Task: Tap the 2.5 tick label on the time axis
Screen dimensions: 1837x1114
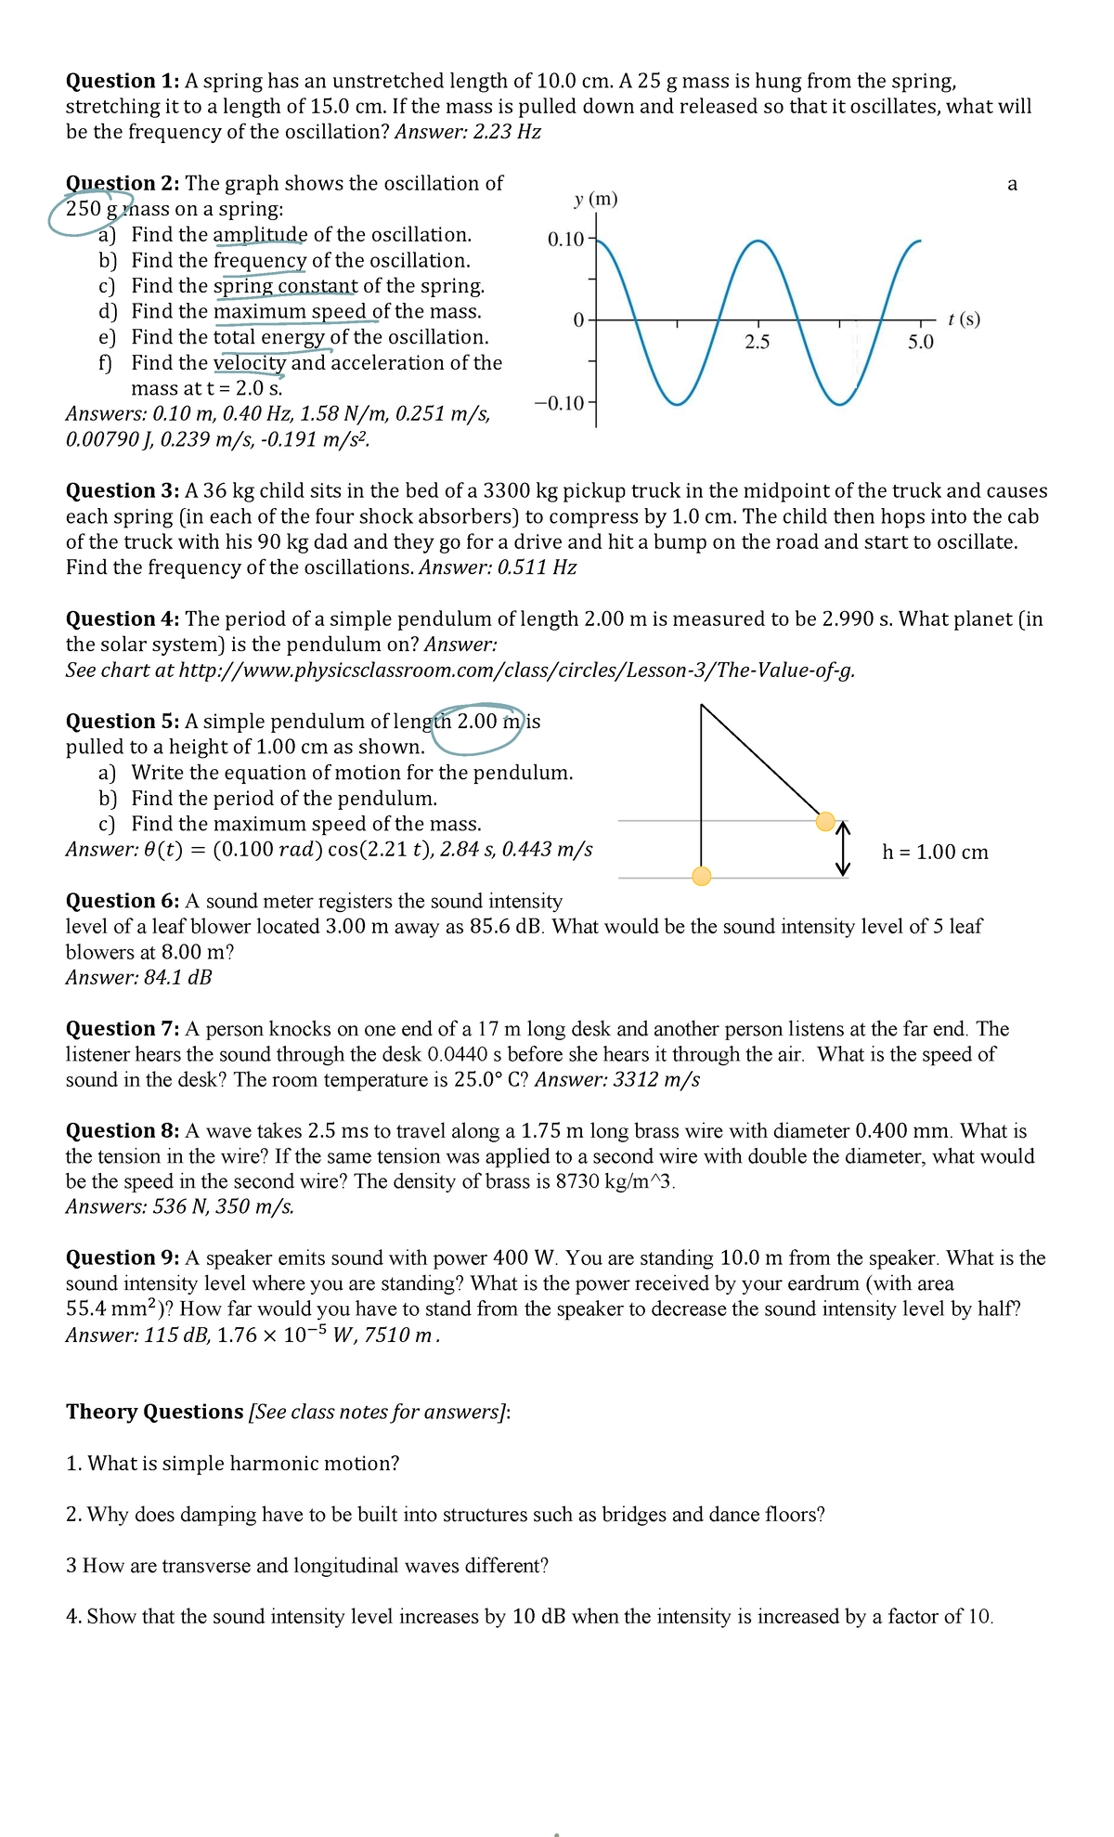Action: tap(758, 342)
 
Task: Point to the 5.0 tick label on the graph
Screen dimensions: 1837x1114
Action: tap(920, 342)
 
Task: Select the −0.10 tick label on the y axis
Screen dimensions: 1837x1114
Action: tap(560, 402)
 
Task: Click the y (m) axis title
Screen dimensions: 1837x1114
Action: tap(595, 199)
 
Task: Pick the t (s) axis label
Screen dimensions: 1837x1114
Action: tap(964, 319)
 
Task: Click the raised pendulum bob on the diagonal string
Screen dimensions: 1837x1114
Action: tap(825, 821)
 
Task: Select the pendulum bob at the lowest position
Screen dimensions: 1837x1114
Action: tap(702, 876)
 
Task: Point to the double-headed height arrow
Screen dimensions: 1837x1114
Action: tap(843, 848)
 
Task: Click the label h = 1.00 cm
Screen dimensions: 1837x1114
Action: tap(935, 853)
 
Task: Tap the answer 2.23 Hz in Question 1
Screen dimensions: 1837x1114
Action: tap(506, 132)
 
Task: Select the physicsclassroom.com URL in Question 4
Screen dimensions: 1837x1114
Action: tap(516, 671)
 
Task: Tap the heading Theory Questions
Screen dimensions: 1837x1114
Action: tap(154, 1412)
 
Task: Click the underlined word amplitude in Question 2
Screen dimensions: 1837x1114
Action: tap(259, 235)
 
